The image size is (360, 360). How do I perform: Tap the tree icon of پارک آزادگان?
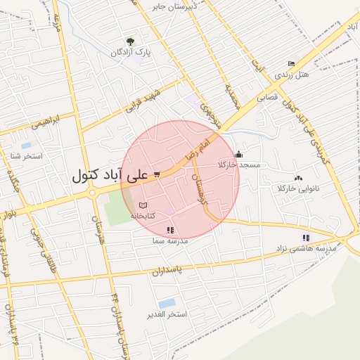[129, 41]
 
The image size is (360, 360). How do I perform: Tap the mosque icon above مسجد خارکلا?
[239, 154]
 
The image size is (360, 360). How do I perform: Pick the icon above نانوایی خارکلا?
[299, 178]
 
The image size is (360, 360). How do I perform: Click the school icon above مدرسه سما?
[169, 230]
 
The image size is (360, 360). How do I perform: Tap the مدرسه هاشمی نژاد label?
[306, 248]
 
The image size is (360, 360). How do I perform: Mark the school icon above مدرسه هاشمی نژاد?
[306, 238]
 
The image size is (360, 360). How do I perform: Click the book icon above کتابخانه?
[143, 204]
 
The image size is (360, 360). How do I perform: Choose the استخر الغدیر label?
[167, 314]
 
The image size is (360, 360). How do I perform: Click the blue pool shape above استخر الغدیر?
[167, 303]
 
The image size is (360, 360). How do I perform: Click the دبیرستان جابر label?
[176, 6]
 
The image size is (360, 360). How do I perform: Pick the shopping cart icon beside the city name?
[157, 174]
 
